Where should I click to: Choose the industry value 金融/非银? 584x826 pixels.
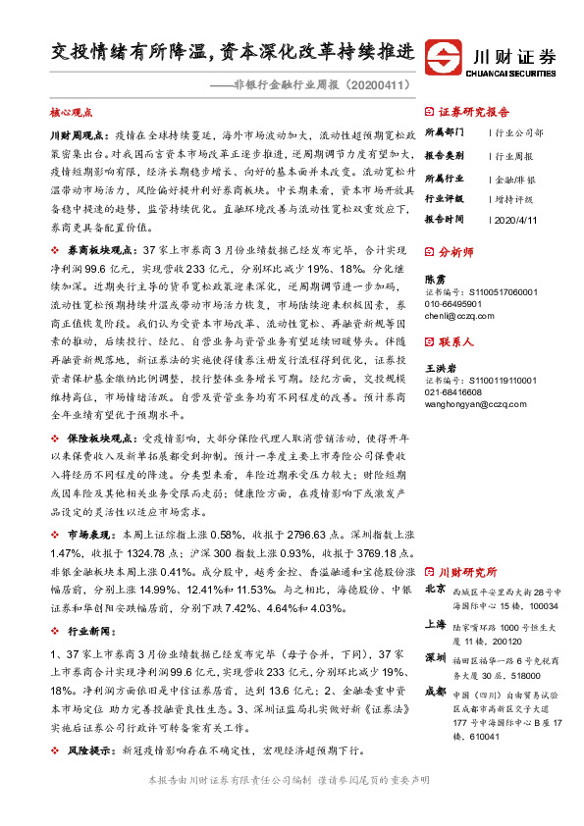(x=514, y=180)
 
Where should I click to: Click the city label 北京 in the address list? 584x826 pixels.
(x=436, y=591)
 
